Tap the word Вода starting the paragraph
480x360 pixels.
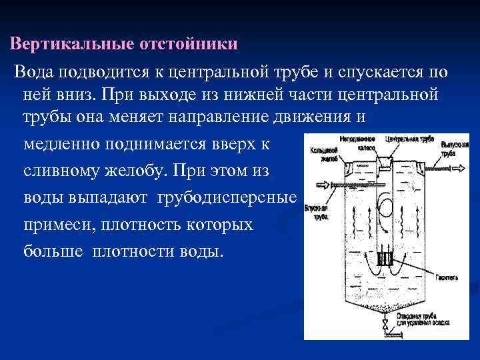[x=33, y=71]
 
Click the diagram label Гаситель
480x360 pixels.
[x=446, y=277]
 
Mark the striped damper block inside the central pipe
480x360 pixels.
[x=385, y=257]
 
